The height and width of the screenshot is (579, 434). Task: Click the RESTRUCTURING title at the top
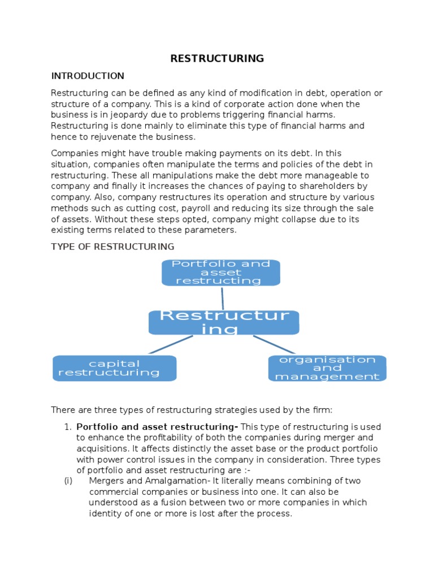click(218, 58)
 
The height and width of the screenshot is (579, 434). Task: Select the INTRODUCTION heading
click(88, 76)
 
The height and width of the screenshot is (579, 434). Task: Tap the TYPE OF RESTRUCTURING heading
click(112, 247)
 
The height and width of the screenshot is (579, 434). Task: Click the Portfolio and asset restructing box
click(221, 273)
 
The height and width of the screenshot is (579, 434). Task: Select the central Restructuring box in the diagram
click(224, 322)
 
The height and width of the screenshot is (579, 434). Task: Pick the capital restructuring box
click(114, 368)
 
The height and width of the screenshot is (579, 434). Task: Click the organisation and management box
click(327, 368)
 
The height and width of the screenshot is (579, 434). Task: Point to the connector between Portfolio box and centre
click(223, 298)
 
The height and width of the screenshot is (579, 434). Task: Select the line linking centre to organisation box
click(274, 344)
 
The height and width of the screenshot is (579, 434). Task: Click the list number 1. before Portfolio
click(68, 426)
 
